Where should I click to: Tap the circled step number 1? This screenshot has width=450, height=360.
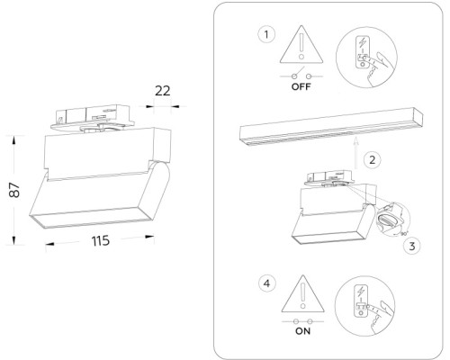[x=265, y=35]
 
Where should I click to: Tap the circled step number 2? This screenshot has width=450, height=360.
[x=372, y=159]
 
